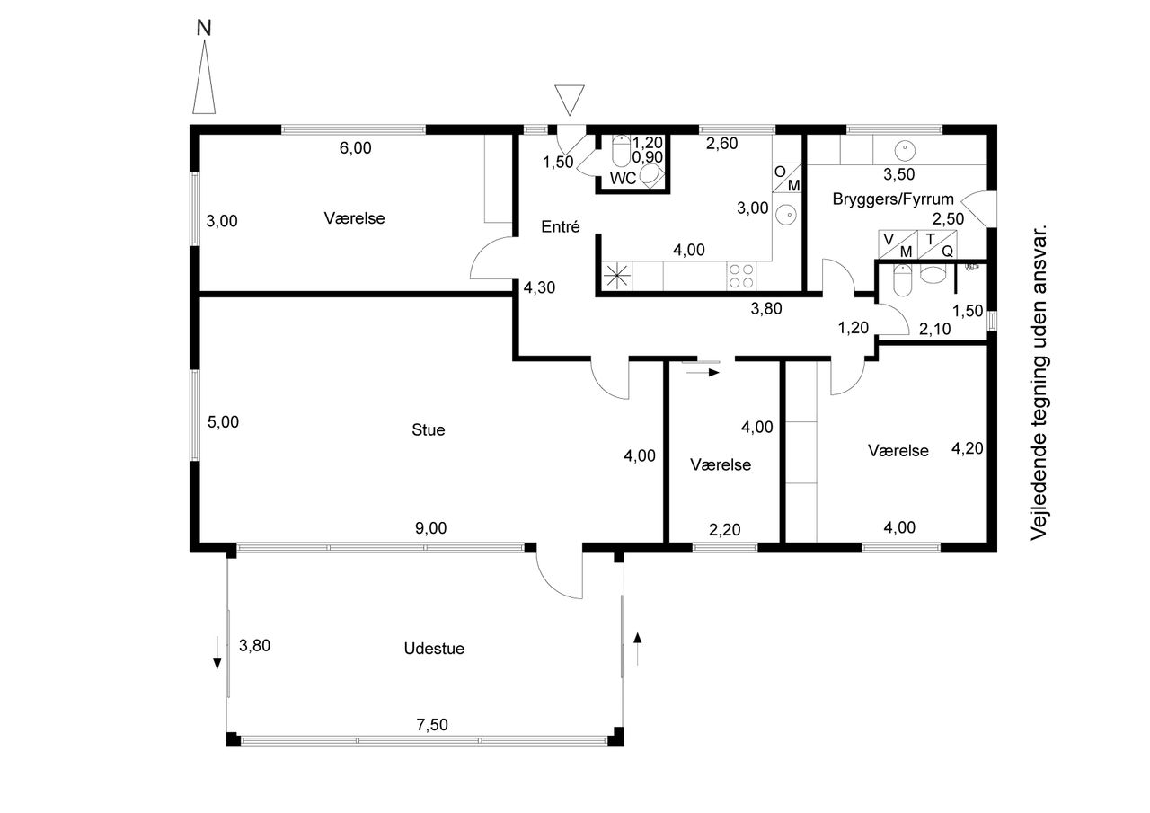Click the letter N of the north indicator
(x=204, y=28)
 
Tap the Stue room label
(x=429, y=429)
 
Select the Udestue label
(x=434, y=648)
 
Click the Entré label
(x=560, y=227)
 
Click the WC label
(x=623, y=178)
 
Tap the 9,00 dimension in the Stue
(x=430, y=528)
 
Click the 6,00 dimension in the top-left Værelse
(x=355, y=148)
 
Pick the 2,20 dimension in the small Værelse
(x=724, y=529)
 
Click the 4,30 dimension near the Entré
(x=540, y=288)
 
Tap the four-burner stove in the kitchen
(x=741, y=276)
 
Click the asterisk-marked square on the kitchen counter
(x=617, y=276)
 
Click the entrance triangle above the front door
(x=570, y=98)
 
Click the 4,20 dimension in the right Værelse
(x=967, y=448)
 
